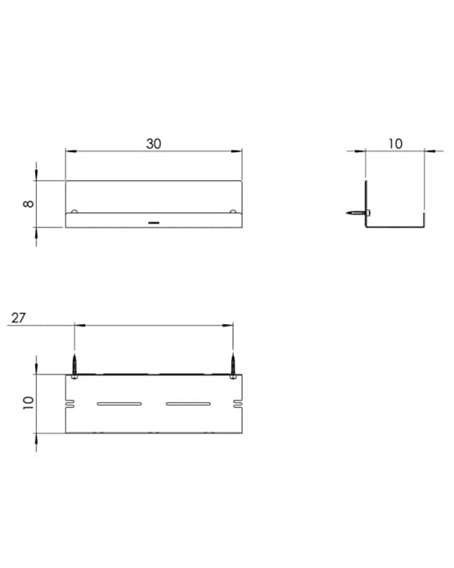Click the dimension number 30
154,144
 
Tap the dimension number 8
29,204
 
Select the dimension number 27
18,318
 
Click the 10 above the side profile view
395,144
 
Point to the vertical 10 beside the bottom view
29,403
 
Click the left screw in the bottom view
74,366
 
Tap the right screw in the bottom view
233,366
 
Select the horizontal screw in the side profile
358,213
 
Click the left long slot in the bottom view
119,404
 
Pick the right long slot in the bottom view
188,404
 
